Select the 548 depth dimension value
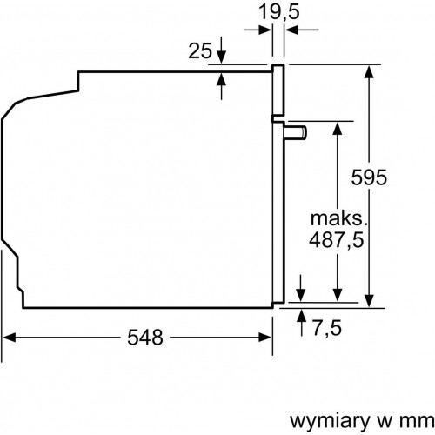142,338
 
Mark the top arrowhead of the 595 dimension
371,70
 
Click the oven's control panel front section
278,91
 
